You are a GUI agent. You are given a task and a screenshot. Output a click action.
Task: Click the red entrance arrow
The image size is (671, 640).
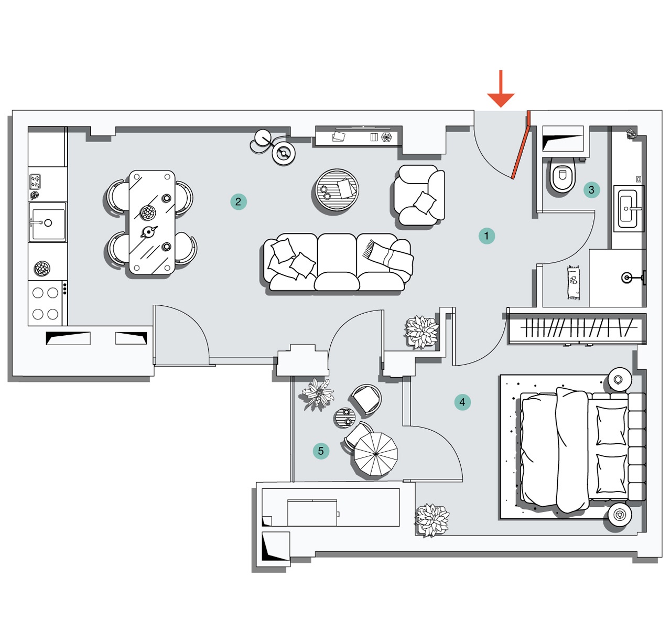click(501, 89)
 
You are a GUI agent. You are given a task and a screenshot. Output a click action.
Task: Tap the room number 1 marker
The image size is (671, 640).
click(486, 236)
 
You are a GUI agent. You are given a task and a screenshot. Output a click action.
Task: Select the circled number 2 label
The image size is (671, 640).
click(238, 201)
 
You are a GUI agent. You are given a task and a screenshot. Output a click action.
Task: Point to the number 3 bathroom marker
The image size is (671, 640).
click(591, 189)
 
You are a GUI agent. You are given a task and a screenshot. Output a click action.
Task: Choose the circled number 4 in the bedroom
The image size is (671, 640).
click(462, 402)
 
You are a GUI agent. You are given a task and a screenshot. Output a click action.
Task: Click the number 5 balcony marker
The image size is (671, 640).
click(321, 451)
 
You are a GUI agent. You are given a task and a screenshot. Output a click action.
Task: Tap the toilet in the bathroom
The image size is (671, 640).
click(563, 175)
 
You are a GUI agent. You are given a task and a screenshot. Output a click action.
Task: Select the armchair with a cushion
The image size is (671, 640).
click(419, 195)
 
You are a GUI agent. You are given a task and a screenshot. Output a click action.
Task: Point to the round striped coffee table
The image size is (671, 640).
click(337, 190)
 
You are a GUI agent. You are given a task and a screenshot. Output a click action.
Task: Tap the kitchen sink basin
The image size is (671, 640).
click(47, 222)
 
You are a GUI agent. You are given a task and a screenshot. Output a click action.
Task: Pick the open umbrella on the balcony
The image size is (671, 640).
click(375, 454)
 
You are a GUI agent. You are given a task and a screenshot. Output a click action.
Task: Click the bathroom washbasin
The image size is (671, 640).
click(627, 208)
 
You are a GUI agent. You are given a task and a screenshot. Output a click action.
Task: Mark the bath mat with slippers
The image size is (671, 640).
click(573, 282)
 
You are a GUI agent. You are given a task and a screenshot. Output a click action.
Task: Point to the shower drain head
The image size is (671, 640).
click(626, 278)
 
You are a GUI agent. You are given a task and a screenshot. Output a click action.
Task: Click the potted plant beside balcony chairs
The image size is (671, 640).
click(317, 394)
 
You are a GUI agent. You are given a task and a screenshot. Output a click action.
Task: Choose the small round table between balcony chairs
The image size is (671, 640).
click(345, 418)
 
